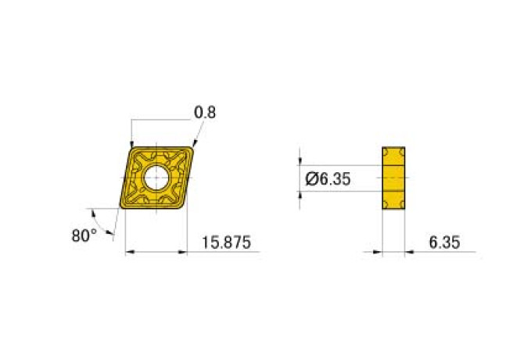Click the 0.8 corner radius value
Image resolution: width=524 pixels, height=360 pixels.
204,113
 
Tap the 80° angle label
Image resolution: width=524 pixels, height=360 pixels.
84,234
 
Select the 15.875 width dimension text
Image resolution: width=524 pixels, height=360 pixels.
226,243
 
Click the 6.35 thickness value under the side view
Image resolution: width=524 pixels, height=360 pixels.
444,243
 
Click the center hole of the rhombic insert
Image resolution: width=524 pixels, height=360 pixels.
156,178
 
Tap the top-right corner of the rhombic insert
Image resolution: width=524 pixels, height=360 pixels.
191,147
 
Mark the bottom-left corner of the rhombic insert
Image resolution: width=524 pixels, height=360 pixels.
124,207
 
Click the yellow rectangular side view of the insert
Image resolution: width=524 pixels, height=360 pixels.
393,178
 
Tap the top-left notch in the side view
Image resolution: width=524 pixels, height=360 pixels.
385,150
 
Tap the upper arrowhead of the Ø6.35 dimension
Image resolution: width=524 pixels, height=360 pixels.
301,162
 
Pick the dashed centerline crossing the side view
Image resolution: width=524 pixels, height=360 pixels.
393,178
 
